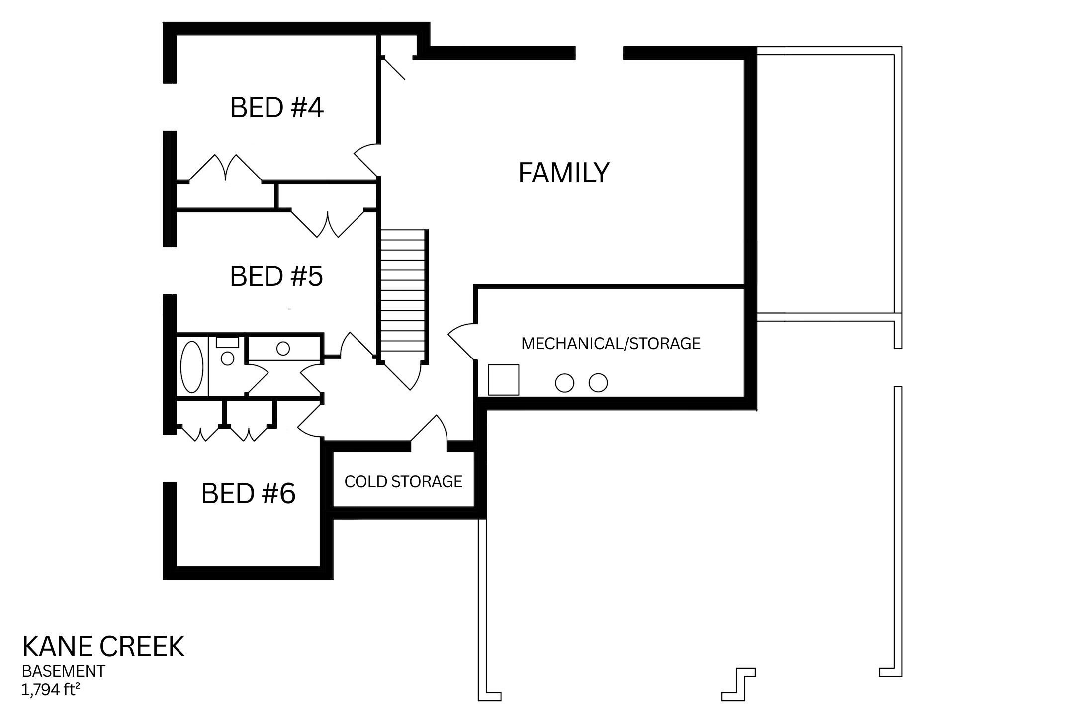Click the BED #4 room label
coord(276,108)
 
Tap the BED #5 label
coord(276,276)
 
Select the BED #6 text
coord(248,494)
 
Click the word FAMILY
coord(563,173)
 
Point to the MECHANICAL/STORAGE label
coord(611,344)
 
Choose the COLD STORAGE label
coord(403,482)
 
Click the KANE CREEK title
coord(103,647)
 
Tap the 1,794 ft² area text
coord(51,690)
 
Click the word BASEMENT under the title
coord(64,671)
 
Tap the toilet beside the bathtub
coord(227,356)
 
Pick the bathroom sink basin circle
coord(283,348)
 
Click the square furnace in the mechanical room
coord(503,380)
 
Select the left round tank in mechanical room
coord(564,383)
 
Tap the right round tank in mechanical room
coord(598,383)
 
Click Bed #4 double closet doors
coord(225,168)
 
